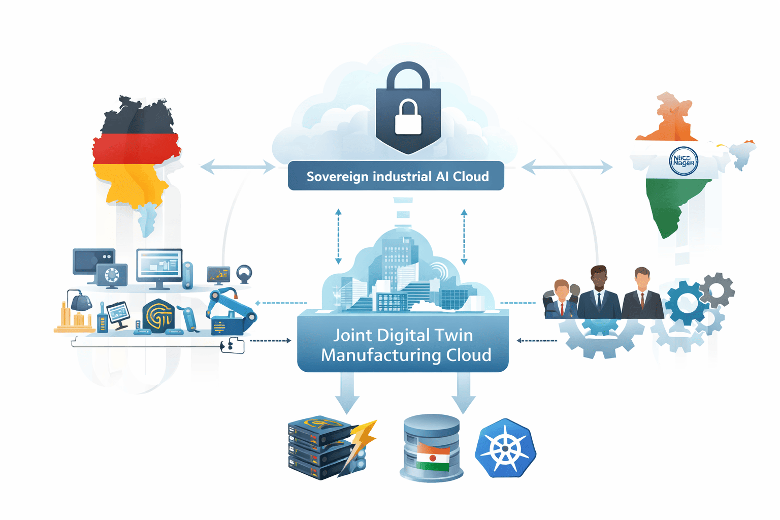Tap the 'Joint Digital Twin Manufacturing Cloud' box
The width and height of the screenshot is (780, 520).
pyautogui.click(x=403, y=345)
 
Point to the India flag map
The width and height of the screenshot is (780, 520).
pyautogui.click(x=675, y=168)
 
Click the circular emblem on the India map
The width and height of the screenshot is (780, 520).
pyautogui.click(x=684, y=161)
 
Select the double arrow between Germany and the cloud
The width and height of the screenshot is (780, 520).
pyautogui.click(x=238, y=167)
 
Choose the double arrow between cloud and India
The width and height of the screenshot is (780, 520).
pyautogui.click(x=567, y=167)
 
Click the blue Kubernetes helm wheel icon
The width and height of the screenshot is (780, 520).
pyautogui.click(x=505, y=448)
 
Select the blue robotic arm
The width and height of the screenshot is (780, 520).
pyautogui.click(x=231, y=310)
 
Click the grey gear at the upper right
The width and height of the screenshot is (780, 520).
pyautogui.click(x=717, y=290)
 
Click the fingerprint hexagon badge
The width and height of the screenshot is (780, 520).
pyautogui.click(x=158, y=316)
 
